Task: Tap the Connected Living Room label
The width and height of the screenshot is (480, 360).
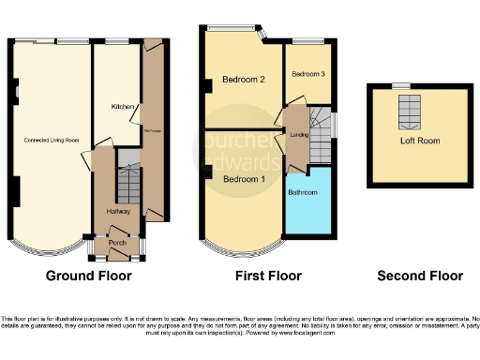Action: [x=52, y=141]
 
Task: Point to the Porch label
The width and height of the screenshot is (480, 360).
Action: [x=117, y=243]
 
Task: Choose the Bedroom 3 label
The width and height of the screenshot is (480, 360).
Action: [x=307, y=74]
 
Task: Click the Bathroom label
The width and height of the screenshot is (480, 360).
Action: [x=304, y=192]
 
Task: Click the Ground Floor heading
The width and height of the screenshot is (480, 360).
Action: [x=89, y=276]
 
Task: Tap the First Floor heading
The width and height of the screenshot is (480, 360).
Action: [x=267, y=276]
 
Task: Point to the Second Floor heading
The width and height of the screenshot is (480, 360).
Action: [x=420, y=276]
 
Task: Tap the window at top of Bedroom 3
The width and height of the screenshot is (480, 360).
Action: [x=306, y=40]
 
